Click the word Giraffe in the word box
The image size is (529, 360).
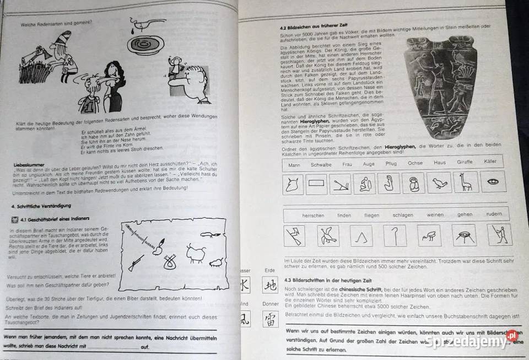tap(464, 163)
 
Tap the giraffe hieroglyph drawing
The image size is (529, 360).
tap(466, 182)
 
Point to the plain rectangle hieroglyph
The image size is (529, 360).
tap(316, 184)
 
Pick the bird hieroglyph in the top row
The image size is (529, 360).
tap(439, 183)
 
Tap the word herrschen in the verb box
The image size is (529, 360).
tap(313, 216)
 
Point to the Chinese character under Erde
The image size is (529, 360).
tap(269, 285)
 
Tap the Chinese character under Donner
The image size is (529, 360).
tap(270, 320)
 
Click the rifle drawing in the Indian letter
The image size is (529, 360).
tap(136, 263)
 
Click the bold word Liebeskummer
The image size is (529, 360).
tap(28, 164)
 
